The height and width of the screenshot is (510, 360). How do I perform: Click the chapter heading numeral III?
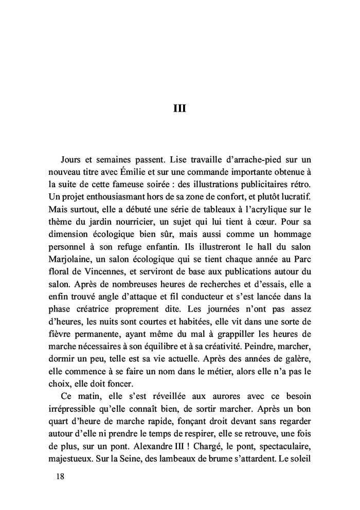click(179, 109)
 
